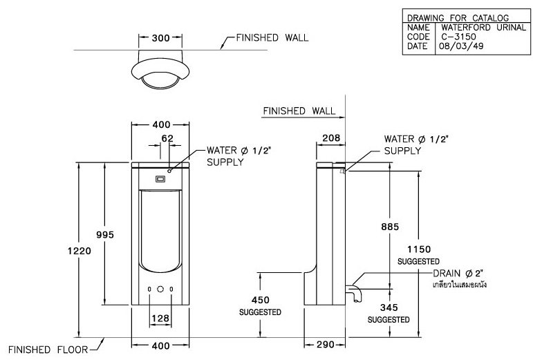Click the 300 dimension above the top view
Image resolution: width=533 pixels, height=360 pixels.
coord(160,38)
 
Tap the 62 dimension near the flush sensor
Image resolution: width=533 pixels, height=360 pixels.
coord(167,138)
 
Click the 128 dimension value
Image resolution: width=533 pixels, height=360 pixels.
coord(160,318)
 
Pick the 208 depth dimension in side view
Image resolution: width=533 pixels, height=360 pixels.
coord(331,138)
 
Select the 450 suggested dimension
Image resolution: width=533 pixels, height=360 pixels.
coord(260,300)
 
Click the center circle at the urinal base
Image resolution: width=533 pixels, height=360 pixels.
coord(160,290)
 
